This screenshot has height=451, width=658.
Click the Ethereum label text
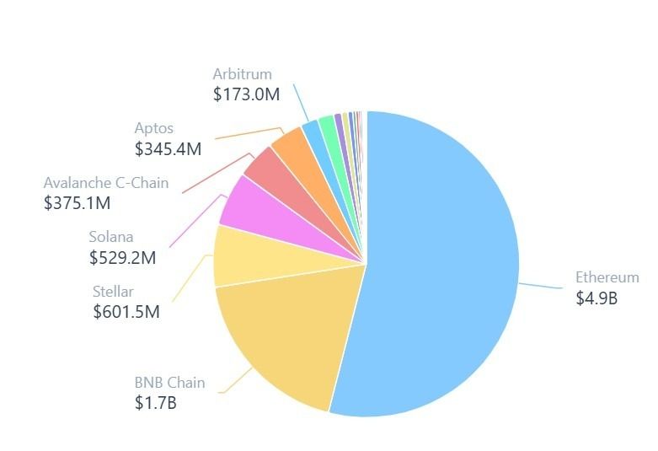tap(607, 277)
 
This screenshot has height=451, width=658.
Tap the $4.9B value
tap(596, 298)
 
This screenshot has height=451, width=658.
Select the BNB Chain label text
tap(169, 383)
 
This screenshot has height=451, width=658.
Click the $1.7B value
tap(155, 403)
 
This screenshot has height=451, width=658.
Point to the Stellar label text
tap(113, 292)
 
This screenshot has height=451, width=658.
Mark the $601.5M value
tap(126, 312)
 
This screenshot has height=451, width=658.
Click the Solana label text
tap(111, 237)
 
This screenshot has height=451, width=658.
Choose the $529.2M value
tap(122, 258)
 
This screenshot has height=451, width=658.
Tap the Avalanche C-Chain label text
tap(106, 182)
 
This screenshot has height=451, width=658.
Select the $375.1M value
tap(77, 203)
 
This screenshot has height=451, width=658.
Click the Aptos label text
tap(154, 128)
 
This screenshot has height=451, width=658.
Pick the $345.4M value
tap(168, 149)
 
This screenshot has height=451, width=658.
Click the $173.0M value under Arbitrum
tap(246, 94)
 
